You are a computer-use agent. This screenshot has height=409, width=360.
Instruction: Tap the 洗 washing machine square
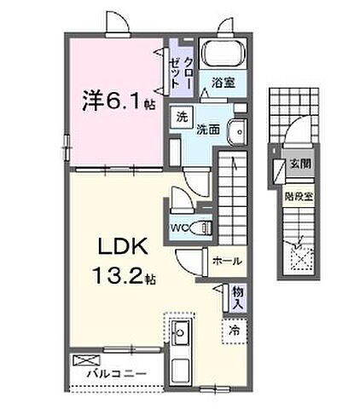click(181, 117)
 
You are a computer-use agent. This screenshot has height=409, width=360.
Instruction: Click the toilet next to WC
click(202, 226)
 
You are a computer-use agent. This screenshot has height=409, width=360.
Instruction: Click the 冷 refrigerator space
click(233, 328)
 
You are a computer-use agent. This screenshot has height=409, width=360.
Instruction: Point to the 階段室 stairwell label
click(297, 195)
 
